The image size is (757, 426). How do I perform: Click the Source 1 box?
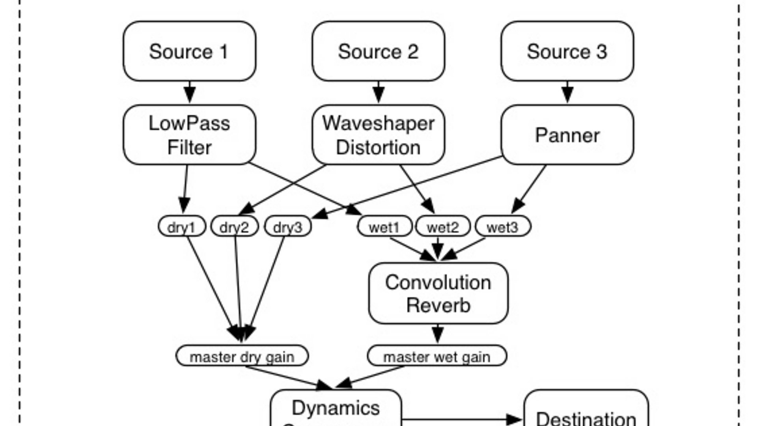tap(189, 51)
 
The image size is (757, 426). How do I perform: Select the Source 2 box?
tap(378, 51)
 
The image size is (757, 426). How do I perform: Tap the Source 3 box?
tap(567, 51)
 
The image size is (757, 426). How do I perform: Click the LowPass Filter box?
tap(189, 135)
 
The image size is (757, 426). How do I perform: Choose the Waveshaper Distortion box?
tap(378, 135)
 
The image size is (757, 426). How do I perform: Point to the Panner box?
tap(567, 135)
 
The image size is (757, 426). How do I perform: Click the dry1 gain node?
tap(182, 226)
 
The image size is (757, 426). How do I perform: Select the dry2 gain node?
tap(235, 226)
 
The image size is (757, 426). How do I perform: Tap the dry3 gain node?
tap(288, 226)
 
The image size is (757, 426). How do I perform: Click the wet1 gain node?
tap(384, 226)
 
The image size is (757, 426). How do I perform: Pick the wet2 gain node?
tap(443, 226)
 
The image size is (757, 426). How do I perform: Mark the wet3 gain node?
tap(503, 226)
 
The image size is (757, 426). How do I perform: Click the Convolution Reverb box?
tap(438, 293)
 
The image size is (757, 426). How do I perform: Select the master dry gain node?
tap(242, 356)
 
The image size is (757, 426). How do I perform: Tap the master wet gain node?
tap(437, 356)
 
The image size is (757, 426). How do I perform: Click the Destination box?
tap(586, 414)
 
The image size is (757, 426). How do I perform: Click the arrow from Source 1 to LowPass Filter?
tap(190, 93)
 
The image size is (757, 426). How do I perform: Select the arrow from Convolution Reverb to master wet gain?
tap(438, 334)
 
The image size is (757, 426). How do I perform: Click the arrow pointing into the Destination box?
tap(461, 419)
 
